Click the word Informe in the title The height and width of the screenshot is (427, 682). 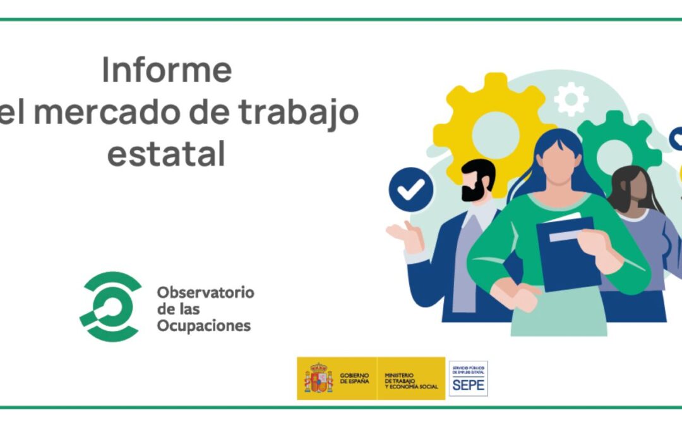(167, 70)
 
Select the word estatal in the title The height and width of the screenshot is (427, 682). (166, 154)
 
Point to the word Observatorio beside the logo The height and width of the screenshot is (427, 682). (205, 292)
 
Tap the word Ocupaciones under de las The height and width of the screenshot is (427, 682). (203, 326)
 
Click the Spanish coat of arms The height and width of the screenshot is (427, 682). (318, 378)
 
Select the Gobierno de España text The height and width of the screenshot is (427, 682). (354, 378)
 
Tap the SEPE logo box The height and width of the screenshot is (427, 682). (468, 378)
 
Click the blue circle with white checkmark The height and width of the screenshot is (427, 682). (410, 189)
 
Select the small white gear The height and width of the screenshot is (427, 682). (571, 100)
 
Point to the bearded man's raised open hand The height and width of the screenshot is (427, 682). (404, 237)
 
